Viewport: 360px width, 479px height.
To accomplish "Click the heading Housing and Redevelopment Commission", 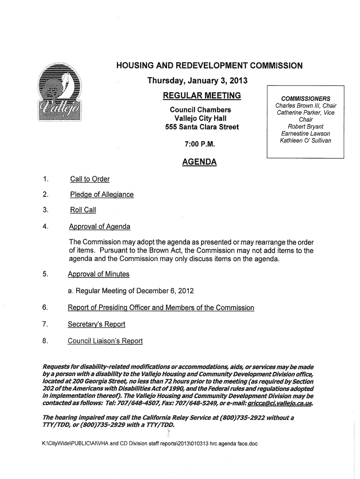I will pos(209,66).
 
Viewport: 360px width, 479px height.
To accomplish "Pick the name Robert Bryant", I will pos(305,126).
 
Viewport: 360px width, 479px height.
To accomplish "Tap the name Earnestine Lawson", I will pos(305,133).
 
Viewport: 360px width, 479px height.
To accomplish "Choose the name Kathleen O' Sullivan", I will pos(305,140).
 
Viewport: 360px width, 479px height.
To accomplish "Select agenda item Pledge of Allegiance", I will pos(101,194).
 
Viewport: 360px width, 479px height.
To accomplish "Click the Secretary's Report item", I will pos(97,324).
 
